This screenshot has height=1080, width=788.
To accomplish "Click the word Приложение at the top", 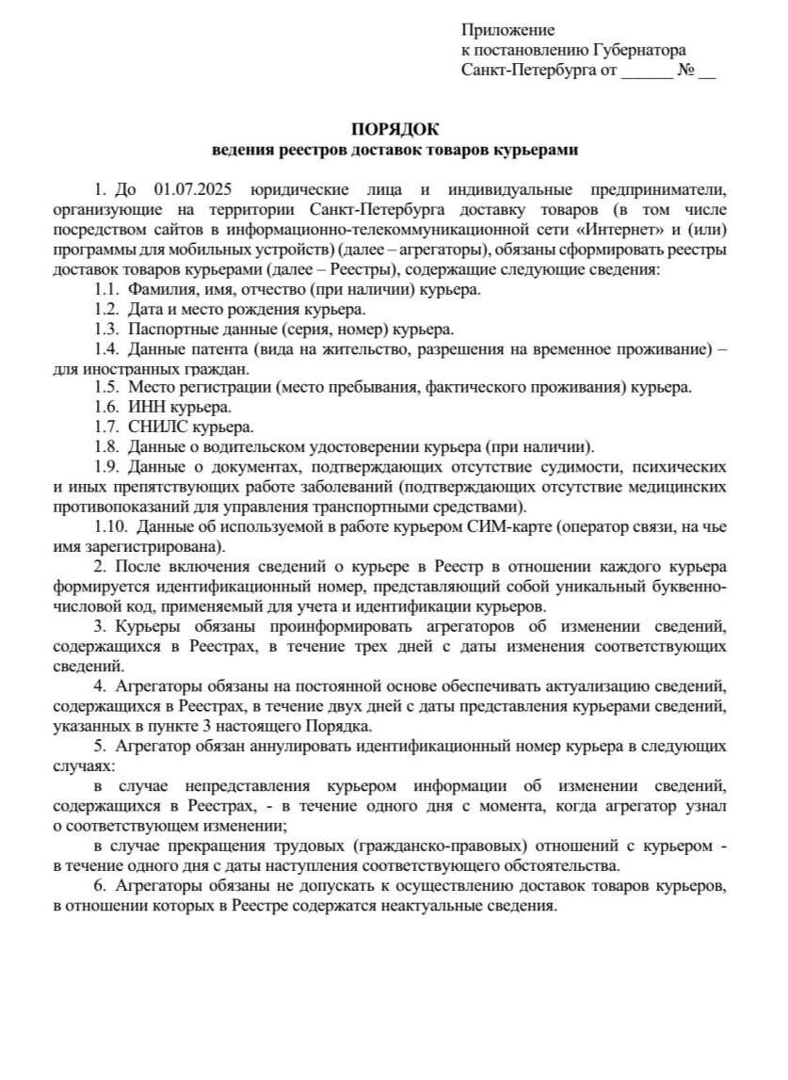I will pyautogui.click(x=507, y=30).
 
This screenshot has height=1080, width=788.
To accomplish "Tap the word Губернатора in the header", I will pyautogui.click(x=640, y=50).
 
